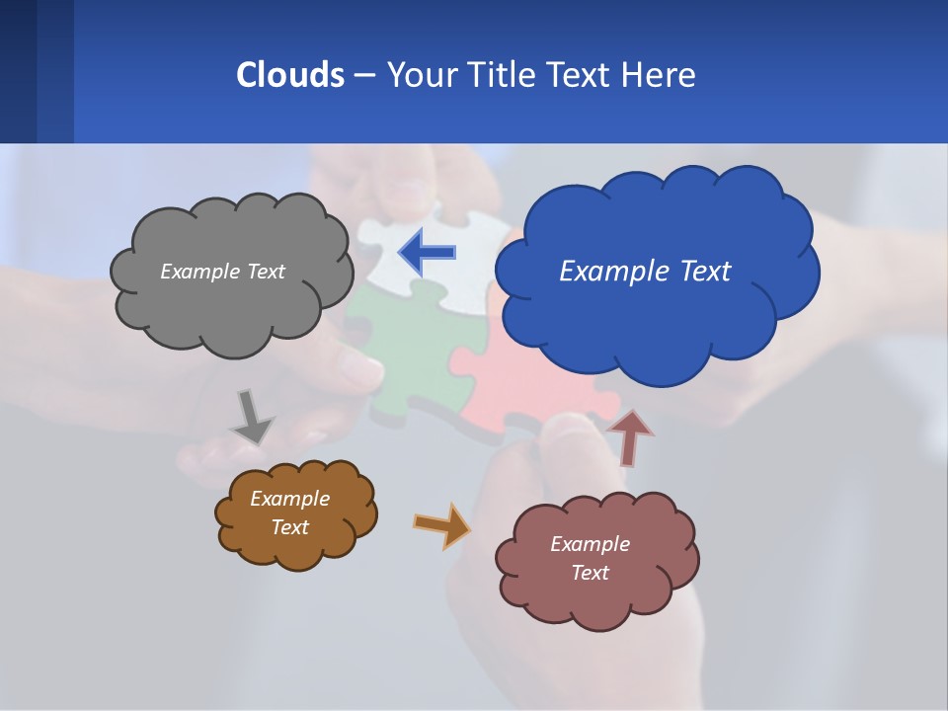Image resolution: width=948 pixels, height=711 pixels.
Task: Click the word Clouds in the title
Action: coord(289,74)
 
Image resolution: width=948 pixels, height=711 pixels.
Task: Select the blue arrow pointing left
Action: coord(428,252)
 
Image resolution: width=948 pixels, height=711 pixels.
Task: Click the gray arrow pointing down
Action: coord(252,417)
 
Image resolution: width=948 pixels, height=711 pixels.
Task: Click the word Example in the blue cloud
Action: coord(606,271)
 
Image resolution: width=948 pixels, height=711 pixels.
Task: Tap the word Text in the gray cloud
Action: coord(264,272)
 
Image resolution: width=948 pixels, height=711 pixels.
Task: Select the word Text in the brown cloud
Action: coord(290,527)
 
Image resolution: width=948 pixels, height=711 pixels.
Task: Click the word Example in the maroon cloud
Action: coord(590,544)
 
